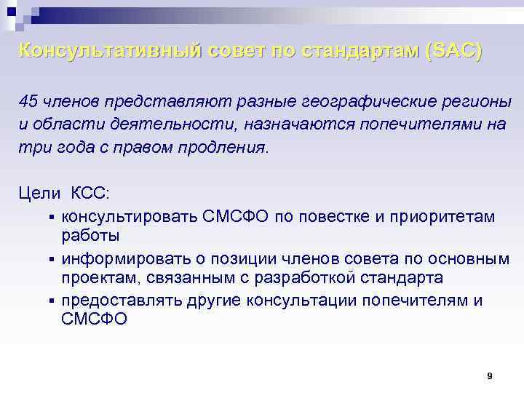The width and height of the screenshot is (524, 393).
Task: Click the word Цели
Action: click(40, 194)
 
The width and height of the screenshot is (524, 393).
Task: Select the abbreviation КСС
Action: click(90, 194)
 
